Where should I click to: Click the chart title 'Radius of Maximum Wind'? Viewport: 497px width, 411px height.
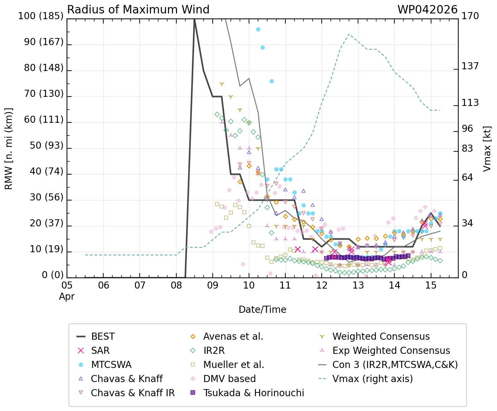point(138,10)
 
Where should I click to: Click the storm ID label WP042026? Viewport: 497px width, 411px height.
point(427,10)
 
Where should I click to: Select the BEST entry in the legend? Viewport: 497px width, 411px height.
point(103,336)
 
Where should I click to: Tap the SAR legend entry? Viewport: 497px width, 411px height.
point(100,350)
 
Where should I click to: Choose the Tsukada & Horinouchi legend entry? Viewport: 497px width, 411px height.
point(253,393)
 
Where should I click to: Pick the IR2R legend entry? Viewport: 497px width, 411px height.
point(214,350)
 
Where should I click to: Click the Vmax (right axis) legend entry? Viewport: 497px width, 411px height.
point(372,379)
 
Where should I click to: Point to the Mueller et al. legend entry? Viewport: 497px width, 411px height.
point(234,365)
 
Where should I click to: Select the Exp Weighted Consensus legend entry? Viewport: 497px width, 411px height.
point(391,350)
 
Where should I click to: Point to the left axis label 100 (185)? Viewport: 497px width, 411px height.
point(40,16)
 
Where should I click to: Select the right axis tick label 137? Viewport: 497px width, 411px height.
point(470,66)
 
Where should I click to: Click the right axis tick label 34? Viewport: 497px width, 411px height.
point(467,223)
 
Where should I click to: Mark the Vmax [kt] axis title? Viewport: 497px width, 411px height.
point(487,149)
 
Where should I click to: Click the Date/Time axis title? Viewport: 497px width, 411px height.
point(262,309)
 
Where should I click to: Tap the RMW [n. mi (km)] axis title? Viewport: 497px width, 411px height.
point(9,149)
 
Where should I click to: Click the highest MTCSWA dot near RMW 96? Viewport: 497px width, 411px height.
point(258,29)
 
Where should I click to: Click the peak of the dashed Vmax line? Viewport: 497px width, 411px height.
point(349,34)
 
